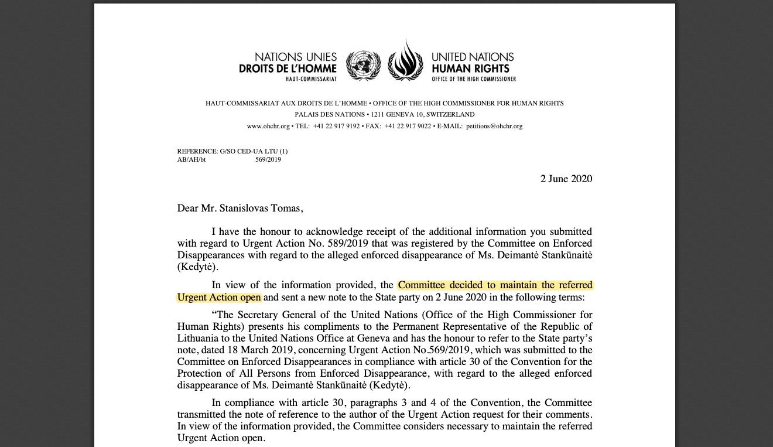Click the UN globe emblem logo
pyautogui.click(x=363, y=65)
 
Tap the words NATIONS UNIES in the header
pyautogui.click(x=296, y=57)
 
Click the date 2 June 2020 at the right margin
pyautogui.click(x=566, y=179)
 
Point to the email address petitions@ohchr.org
pyautogui.click(x=494, y=126)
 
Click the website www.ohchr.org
pyautogui.click(x=268, y=126)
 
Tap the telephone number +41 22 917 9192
pyautogui.click(x=336, y=126)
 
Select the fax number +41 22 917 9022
pyautogui.click(x=408, y=126)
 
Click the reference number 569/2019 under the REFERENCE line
pyautogui.click(x=268, y=159)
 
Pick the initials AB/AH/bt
pyautogui.click(x=191, y=159)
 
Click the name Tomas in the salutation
pyautogui.click(x=287, y=208)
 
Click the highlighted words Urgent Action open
pyautogui.click(x=219, y=297)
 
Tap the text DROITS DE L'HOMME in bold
pyautogui.click(x=288, y=69)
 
